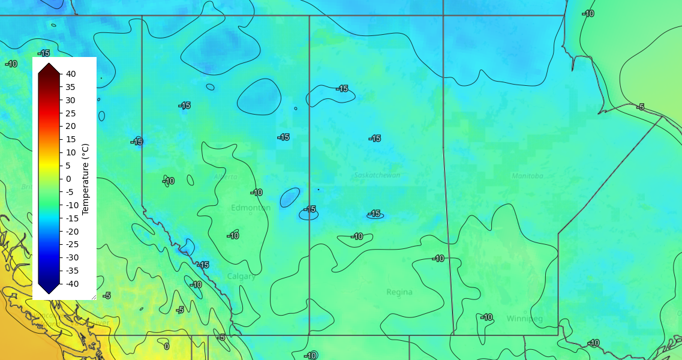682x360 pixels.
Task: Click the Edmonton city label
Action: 251,208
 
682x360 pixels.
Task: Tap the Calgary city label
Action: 241,277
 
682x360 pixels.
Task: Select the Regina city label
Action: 399,292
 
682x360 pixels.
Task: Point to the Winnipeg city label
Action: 524,319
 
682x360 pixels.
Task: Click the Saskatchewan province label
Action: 377,175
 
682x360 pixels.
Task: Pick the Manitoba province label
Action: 527,176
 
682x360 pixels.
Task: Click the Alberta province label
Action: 226,177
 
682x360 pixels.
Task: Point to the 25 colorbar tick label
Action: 71,113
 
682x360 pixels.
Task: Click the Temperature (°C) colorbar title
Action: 85,179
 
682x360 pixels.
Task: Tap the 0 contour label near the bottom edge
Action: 166,346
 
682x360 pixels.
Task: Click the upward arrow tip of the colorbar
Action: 49,62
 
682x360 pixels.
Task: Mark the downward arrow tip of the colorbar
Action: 49,295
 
